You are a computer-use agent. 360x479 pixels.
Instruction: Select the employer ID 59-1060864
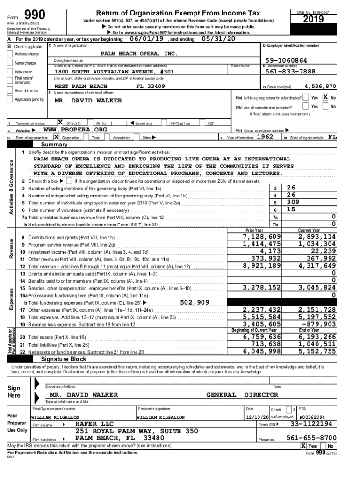tap(285, 61)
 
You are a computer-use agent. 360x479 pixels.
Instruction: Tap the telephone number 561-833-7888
tap(290, 72)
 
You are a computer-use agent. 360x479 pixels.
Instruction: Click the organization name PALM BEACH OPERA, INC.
tap(139, 53)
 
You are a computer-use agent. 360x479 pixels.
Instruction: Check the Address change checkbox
tap(10, 54)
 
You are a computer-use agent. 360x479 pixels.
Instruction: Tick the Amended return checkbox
tap(10, 91)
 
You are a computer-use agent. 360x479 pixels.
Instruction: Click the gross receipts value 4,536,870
tap(320, 87)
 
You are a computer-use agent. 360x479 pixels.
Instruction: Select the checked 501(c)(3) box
tap(60, 123)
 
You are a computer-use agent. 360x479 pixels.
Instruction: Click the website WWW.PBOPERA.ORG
tap(75, 130)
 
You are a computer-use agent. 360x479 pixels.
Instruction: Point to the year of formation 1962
tap(262, 138)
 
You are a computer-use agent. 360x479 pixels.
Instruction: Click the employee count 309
tap(293, 202)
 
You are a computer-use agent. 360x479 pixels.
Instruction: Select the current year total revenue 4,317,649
tap(317, 266)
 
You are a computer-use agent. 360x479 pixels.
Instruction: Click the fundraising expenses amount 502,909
tap(196, 302)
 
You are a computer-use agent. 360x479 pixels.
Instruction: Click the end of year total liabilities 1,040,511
tap(317, 344)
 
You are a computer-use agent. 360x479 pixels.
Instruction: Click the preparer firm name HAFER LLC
tap(94, 424)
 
